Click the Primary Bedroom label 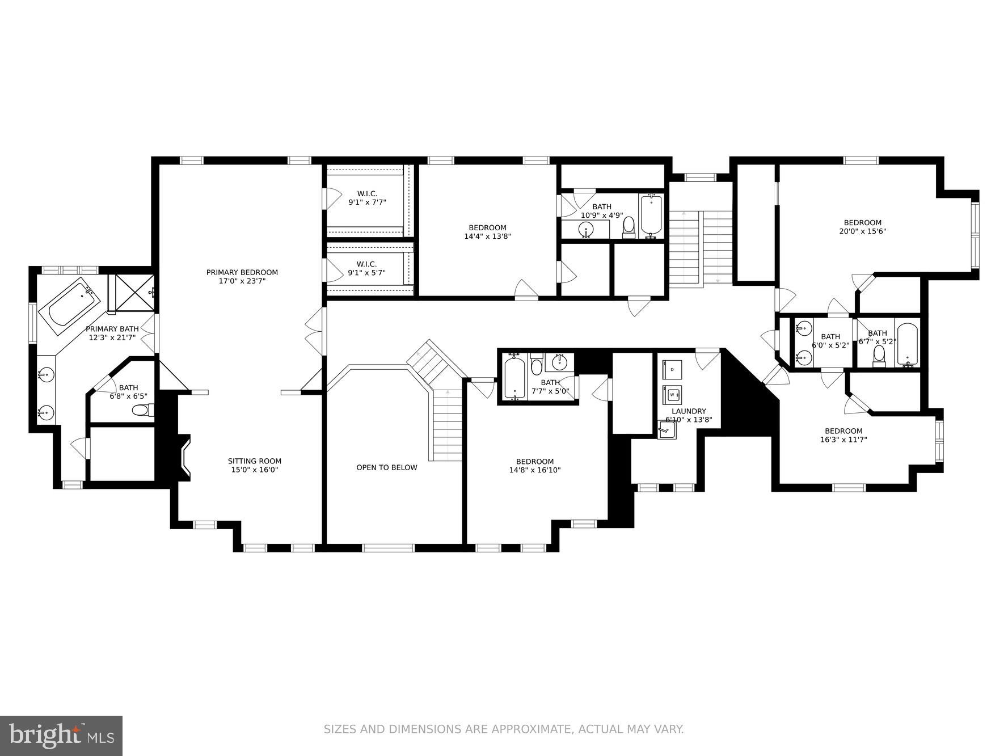pos(242,272)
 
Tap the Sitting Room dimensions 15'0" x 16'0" pos(254,470)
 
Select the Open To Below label pos(386,467)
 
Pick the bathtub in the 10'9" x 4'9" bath pos(651,216)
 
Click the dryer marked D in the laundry pos(672,369)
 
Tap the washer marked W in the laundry pos(672,394)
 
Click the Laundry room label pos(689,411)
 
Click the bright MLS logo pos(61,736)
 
